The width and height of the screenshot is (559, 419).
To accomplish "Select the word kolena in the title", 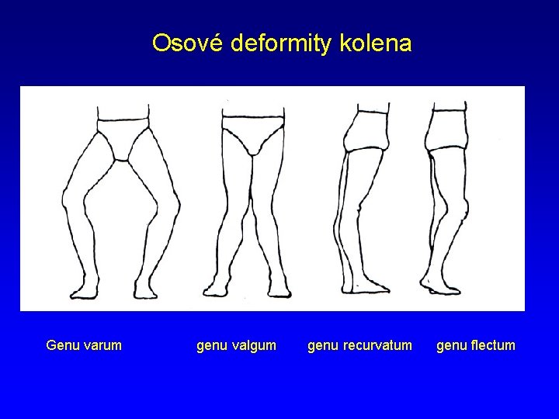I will pyautogui.click(x=376, y=43).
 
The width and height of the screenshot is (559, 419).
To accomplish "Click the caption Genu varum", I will pyautogui.click(x=84, y=345).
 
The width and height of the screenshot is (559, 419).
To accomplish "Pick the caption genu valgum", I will pyautogui.click(x=236, y=345).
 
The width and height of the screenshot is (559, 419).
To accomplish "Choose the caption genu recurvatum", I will pyautogui.click(x=359, y=345).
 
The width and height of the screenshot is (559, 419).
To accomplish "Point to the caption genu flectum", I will pyautogui.click(x=475, y=345).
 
